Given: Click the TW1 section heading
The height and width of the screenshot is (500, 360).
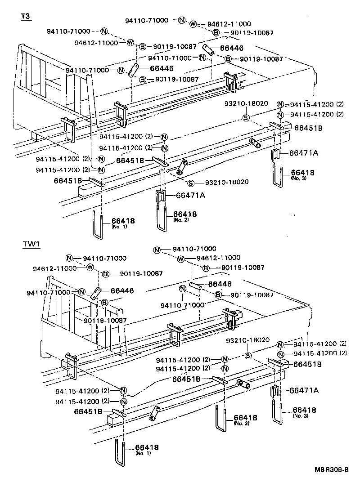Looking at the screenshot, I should click(31, 244).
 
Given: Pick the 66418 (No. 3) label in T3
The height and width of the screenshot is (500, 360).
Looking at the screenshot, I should click(302, 174).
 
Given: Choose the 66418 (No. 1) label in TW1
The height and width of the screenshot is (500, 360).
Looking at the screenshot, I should click(147, 449).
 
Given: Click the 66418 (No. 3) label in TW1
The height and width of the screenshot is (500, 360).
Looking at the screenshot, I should click(304, 411).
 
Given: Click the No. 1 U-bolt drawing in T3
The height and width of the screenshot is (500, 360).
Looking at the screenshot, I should click(98, 225).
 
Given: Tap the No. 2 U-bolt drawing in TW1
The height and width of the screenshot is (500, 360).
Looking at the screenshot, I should click(220, 419).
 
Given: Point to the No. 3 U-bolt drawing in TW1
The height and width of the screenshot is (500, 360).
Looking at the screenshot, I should click(277, 411).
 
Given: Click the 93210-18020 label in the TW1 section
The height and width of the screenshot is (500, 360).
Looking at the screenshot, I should click(247, 340).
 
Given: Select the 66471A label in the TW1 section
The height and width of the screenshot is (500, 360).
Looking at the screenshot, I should click(304, 390).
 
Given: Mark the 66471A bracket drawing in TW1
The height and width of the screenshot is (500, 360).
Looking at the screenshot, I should click(275, 392).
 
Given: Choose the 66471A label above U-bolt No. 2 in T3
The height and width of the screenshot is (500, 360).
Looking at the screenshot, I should click(190, 195).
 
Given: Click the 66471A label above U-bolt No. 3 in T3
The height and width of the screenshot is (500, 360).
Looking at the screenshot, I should click(303, 153).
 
